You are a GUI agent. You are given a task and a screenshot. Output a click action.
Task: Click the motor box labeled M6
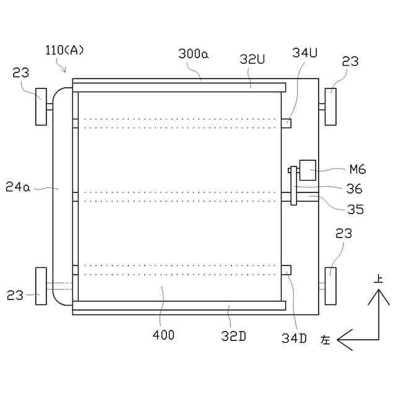pos(308,170)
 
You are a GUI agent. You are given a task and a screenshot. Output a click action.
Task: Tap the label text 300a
pos(194,54)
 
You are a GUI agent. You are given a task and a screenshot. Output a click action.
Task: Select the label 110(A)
pos(64,50)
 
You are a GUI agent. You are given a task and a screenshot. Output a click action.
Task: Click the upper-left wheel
pos(41,106)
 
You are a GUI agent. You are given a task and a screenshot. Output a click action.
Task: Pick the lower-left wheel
pos(41,286)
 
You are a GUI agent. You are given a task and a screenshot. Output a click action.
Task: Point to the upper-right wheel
pos(330,106)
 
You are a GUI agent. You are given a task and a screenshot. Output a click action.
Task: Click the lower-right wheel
pos(330,286)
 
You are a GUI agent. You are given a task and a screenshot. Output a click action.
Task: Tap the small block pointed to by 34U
pos(286,123)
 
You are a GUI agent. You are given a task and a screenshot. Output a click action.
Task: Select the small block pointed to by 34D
pos(286,270)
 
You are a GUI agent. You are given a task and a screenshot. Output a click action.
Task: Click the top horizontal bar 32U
pos(179,87)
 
